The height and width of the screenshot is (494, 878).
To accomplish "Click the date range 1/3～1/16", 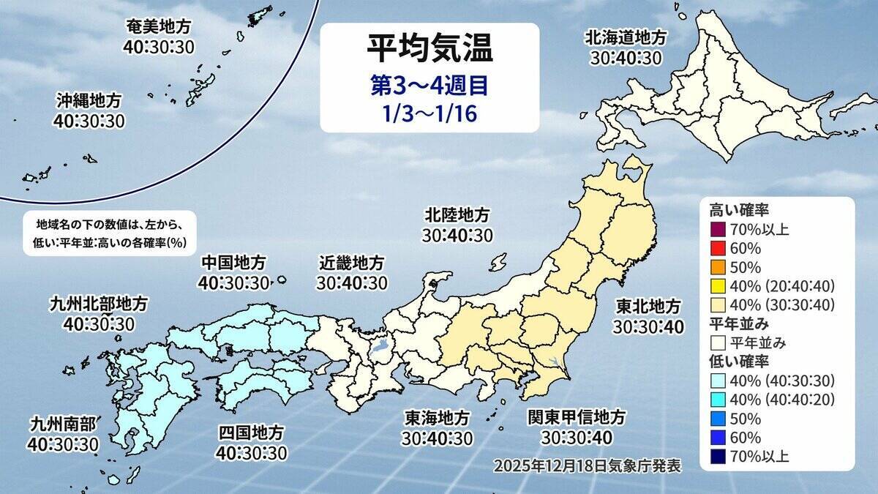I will pos(429,115).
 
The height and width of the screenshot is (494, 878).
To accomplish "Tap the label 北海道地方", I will pos(626,37).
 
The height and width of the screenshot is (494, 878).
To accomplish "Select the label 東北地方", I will pos(648,306).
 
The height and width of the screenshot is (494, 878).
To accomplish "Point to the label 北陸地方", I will pos(457,216).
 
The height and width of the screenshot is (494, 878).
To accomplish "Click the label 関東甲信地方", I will pos(577,418).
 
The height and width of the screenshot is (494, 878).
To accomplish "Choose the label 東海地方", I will pos(437,418).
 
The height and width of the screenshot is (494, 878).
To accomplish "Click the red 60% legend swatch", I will pos(716,248).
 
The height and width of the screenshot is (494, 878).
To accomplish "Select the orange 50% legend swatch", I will pos(716,267).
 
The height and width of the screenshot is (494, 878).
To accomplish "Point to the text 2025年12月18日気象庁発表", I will pos(588,465).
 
